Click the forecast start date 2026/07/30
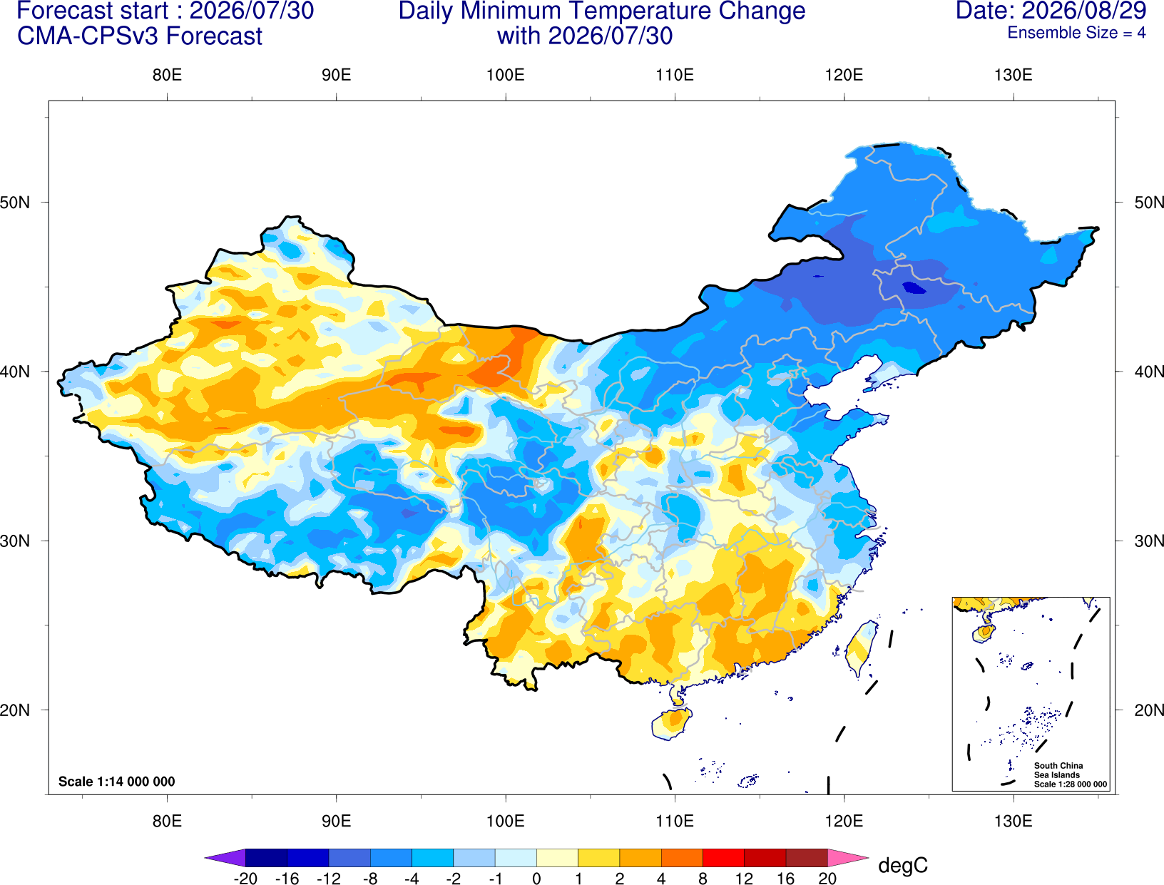(x=251, y=10)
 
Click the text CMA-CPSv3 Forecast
(x=140, y=36)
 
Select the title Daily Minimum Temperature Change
(x=602, y=11)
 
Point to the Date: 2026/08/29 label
(x=1051, y=10)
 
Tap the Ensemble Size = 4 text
(x=1076, y=33)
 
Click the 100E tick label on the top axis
(x=506, y=75)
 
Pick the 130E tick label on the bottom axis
(x=1014, y=822)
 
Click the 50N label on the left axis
(x=16, y=202)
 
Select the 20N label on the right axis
(x=1148, y=710)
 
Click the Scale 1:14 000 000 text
(x=117, y=782)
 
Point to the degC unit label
(x=903, y=865)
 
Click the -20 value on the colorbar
(x=245, y=879)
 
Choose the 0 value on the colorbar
(x=536, y=879)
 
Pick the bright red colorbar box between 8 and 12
(x=723, y=857)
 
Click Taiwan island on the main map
(x=861, y=648)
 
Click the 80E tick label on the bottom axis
(x=167, y=822)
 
